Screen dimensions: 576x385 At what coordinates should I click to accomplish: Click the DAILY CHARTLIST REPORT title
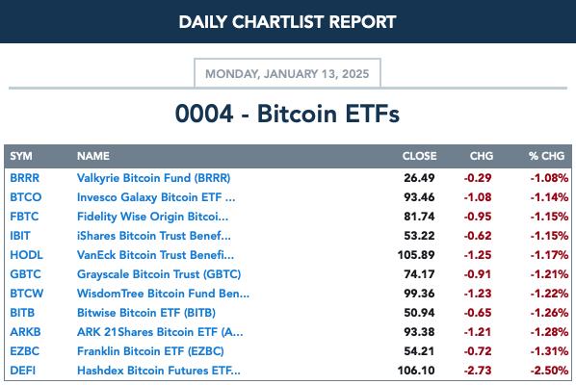[287, 22]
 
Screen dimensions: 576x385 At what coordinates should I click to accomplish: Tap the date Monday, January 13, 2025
[287, 74]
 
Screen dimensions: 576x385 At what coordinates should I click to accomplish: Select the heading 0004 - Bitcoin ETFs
[287, 114]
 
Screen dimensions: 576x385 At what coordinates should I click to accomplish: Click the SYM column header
[21, 156]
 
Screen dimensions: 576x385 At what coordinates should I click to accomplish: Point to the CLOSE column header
[420, 156]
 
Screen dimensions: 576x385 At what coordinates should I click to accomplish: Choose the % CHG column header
[546, 156]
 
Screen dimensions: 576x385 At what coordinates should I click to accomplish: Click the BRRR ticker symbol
[25, 178]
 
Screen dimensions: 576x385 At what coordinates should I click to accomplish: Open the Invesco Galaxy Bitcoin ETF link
[156, 197]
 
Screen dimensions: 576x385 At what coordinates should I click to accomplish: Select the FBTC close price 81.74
[419, 217]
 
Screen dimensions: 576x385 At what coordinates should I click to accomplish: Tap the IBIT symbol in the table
[20, 236]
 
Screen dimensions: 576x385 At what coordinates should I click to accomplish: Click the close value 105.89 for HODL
[416, 255]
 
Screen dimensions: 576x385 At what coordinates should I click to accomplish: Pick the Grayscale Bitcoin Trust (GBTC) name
[159, 274]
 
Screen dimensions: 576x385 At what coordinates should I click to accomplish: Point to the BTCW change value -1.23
[478, 294]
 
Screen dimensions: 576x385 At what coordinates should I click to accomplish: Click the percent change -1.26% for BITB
[549, 313]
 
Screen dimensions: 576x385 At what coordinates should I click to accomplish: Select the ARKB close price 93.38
[419, 332]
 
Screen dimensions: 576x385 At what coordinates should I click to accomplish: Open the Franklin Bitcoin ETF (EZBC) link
[150, 351]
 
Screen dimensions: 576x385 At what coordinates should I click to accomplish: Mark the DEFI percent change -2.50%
[549, 371]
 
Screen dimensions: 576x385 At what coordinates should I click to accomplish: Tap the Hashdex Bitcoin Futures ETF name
[159, 371]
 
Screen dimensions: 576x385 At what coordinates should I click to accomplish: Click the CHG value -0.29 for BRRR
[478, 178]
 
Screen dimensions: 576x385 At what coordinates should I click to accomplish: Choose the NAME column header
[93, 156]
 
